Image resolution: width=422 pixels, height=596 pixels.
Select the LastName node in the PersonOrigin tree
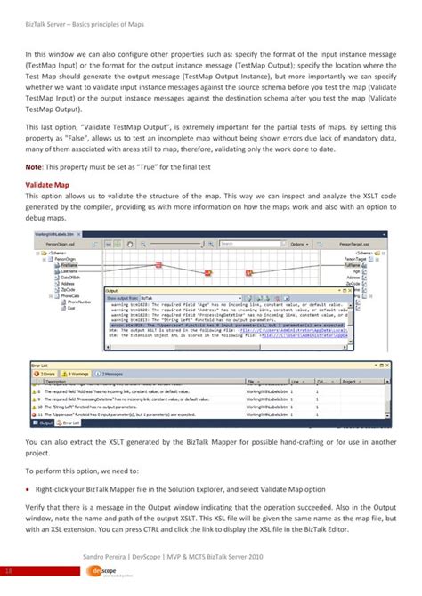point(69,270)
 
